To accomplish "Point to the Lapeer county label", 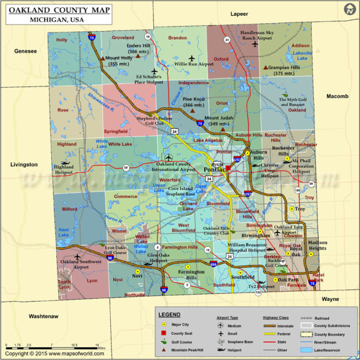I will click(x=239, y=14).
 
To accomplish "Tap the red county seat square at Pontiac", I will click(x=227, y=173).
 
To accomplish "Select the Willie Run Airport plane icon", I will click(x=191, y=58).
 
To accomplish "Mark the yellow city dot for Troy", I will click(x=291, y=209).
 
